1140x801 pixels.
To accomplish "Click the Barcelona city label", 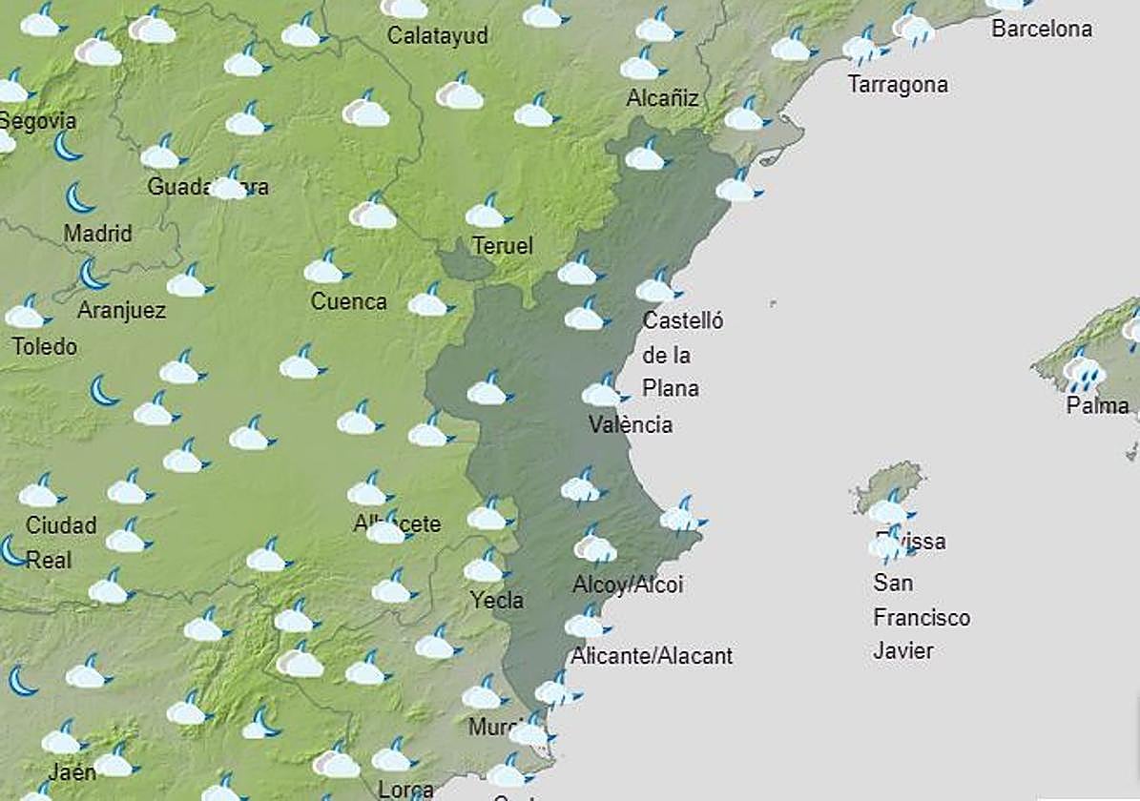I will tap(1041, 29).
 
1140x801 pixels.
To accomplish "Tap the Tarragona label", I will tap(898, 85).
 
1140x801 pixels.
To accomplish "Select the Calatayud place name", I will tap(438, 36).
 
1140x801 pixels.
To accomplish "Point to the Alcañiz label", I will tap(663, 98).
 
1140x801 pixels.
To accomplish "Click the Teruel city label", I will tap(503, 246).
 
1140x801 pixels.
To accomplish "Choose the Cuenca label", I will tap(349, 302).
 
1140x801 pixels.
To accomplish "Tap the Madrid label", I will tap(98, 234).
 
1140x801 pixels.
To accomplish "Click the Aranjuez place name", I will tap(121, 311).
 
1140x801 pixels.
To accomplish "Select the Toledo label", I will tap(45, 346).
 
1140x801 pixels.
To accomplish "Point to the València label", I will tap(631, 424).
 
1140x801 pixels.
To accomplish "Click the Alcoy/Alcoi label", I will tap(628, 585).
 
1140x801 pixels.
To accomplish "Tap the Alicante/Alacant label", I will tap(652, 656).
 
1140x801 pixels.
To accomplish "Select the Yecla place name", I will tap(497, 601).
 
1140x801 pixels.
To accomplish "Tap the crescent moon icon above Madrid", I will tap(80, 197).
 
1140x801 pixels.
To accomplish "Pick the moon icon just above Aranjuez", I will tap(93, 275).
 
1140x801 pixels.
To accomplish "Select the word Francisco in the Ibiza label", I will tap(922, 618).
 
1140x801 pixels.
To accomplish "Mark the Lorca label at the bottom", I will tap(406, 791).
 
